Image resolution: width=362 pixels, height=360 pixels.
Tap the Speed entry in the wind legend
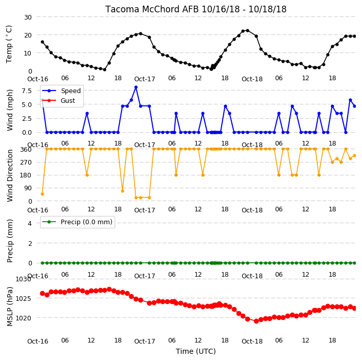tap(61, 91)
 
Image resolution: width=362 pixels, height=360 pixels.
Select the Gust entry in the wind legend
tap(59, 100)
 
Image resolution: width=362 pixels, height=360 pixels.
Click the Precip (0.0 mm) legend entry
tap(77, 222)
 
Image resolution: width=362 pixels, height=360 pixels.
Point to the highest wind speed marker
tap(136, 87)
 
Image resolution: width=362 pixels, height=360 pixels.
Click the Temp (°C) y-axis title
tap(9, 44)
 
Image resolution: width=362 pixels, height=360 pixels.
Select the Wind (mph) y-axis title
tap(9, 110)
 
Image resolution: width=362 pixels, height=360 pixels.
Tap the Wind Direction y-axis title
tap(9, 175)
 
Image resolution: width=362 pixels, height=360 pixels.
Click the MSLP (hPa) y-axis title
tap(9, 307)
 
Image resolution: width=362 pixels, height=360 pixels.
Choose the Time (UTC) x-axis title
tap(196, 351)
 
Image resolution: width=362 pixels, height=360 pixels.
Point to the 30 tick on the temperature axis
tap(28, 17)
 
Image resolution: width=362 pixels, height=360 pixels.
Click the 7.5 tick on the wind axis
tap(27, 91)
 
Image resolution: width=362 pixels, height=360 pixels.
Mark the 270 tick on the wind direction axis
tap(26, 162)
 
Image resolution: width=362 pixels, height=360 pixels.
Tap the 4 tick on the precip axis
tap(30, 223)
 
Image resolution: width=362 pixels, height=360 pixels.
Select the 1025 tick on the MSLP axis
tap(24, 299)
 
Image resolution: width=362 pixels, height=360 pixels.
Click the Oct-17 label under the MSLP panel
tap(144, 341)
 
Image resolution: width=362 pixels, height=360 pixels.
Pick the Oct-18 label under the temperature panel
tap(252, 79)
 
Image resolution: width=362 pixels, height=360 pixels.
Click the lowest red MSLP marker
tap(256, 321)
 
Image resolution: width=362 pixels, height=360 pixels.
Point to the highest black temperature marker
tap(247, 30)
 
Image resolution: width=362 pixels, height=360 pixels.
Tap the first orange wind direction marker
tap(42, 194)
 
